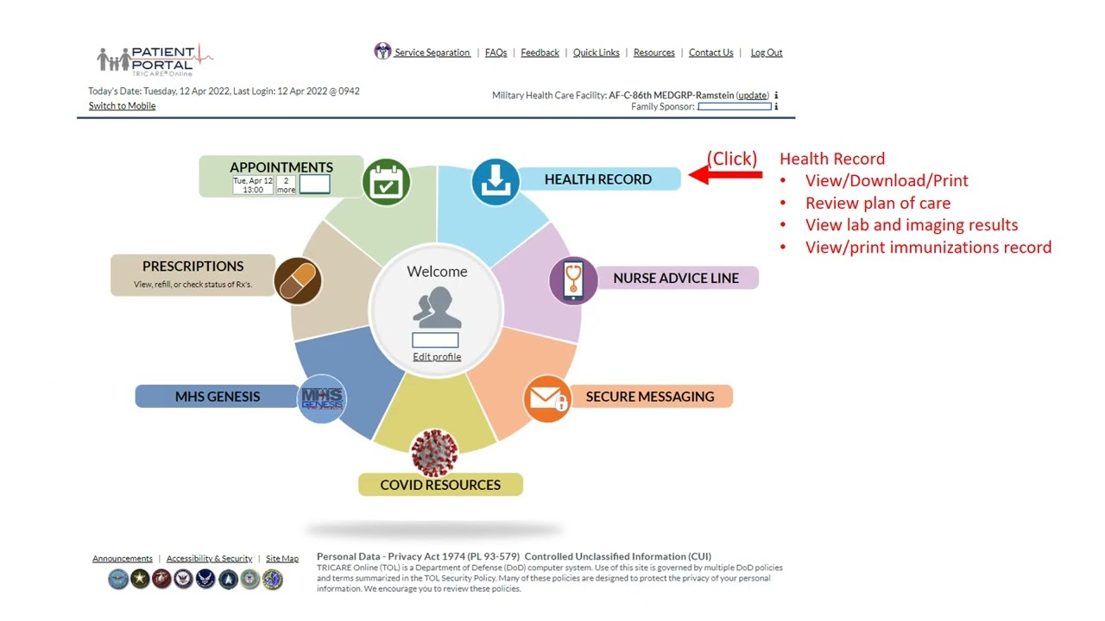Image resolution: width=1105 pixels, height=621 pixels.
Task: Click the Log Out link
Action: click(x=766, y=53)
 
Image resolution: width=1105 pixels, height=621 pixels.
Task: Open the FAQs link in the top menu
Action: click(x=496, y=53)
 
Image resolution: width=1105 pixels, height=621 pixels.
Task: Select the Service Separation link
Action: click(x=432, y=53)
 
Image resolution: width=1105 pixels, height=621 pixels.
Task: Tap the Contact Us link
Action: click(x=710, y=53)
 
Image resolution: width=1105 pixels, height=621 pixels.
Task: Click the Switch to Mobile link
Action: click(x=122, y=106)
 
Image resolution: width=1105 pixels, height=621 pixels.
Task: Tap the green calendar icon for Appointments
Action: click(x=386, y=182)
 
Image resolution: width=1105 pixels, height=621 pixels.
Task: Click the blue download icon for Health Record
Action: click(x=496, y=181)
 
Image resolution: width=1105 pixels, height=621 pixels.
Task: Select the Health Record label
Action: click(x=597, y=179)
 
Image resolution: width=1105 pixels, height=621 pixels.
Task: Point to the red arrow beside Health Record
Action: click(x=725, y=175)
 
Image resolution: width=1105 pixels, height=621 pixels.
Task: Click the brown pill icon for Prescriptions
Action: click(x=298, y=280)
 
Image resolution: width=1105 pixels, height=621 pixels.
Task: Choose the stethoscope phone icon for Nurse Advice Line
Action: click(x=573, y=280)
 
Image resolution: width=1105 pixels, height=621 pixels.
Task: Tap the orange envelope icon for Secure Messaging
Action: click(x=547, y=398)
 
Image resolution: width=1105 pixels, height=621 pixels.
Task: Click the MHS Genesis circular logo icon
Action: click(x=321, y=398)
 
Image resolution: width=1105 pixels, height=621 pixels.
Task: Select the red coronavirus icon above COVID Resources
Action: click(x=434, y=453)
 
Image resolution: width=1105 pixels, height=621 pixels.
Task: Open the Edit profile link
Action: click(x=437, y=357)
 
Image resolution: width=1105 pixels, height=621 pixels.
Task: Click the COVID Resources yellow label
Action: click(x=440, y=485)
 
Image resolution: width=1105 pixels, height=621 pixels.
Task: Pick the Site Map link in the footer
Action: click(x=281, y=559)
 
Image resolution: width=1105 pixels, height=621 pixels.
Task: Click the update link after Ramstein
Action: click(x=752, y=96)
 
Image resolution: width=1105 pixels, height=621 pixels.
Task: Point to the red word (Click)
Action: click(x=732, y=159)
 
